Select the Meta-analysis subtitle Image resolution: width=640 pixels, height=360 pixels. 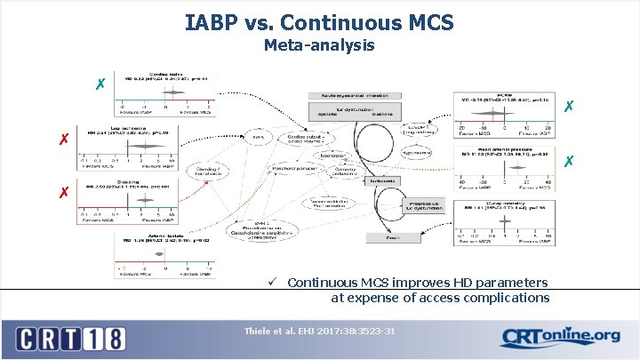coord(319,44)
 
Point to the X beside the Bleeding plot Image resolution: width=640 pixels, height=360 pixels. coord(64,192)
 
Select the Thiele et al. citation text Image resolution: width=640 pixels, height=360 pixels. coord(319,332)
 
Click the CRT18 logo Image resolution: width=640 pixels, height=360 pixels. coord(72,338)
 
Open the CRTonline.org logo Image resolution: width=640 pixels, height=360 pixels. coord(560,336)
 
